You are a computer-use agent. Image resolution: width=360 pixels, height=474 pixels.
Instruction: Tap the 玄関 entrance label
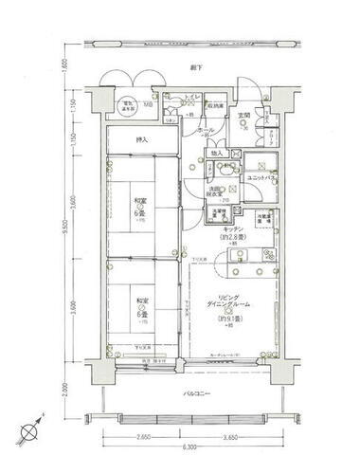pos(243,115)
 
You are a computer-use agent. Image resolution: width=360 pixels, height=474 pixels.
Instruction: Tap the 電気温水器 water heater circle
pos(126,106)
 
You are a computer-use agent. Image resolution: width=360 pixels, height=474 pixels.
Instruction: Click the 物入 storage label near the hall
pos(217,153)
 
